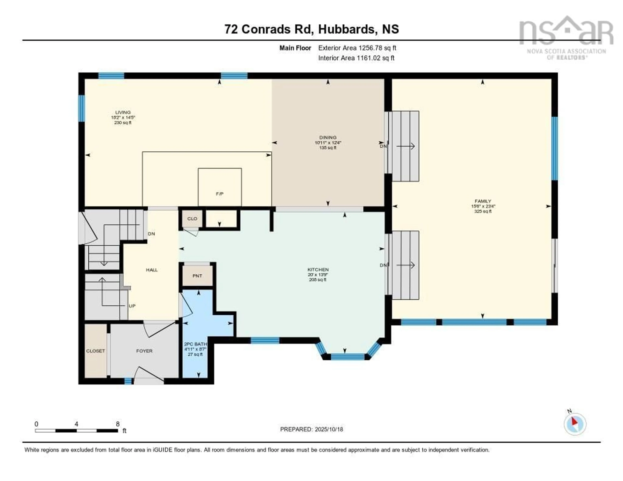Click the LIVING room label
pos(123,112)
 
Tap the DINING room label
pos(328,137)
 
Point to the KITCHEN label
pos(318,269)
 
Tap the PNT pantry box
pos(197,276)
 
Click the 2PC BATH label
pos(195,344)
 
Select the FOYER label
pos(144,351)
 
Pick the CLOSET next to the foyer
pos(96,351)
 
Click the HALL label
pos(152,270)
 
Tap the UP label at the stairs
pos(132,306)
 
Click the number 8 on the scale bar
pos(117,424)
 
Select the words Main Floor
pos(295,48)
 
